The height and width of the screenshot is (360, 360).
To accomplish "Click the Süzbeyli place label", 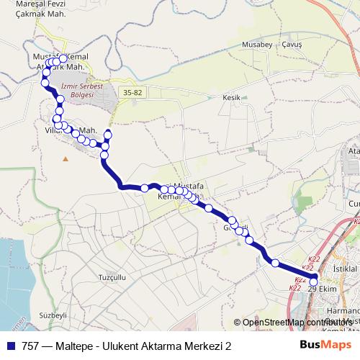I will point(53,315).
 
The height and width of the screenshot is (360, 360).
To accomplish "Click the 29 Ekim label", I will point(322,289).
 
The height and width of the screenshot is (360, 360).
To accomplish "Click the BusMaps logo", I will point(326,346).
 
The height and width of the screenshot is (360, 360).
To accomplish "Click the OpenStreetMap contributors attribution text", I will point(296,322).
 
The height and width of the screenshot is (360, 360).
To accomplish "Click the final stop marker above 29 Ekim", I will point(313,282).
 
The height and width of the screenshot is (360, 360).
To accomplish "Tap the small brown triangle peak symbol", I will point(66,158).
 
